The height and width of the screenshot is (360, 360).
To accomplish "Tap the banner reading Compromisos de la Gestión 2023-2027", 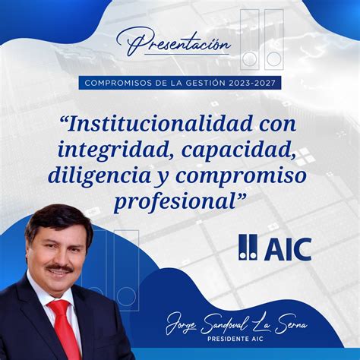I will point(180,83).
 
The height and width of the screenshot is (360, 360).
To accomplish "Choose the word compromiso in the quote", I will point(244,175).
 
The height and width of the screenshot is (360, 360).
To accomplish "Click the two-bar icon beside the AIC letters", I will point(248,247).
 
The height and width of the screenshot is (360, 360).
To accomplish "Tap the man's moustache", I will point(59,268).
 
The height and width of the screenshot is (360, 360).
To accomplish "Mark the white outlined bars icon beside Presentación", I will point(262,39).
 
